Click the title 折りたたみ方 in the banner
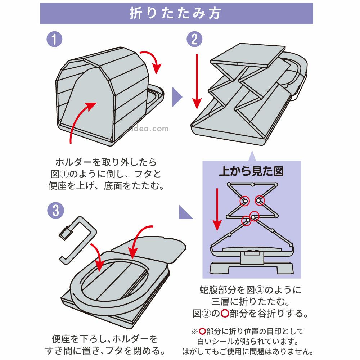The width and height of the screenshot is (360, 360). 176,13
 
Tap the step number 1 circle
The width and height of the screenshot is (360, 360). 55,39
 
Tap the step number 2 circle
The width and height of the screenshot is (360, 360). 194,39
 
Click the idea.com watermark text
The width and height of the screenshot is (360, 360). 155,129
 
